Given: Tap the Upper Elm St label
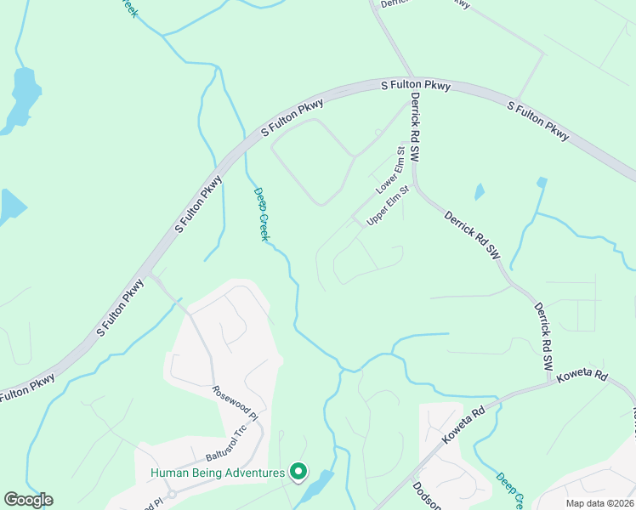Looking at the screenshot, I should coord(388,207).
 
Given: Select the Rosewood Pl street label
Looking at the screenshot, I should coord(234,404).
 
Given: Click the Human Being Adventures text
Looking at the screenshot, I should coord(218,473).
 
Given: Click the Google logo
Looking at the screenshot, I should coord(28,500).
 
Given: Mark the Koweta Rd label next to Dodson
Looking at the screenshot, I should coord(463,423).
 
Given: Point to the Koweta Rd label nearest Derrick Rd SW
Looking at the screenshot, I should coord(584,376).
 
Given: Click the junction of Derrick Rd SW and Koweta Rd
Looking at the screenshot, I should coord(550,384).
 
